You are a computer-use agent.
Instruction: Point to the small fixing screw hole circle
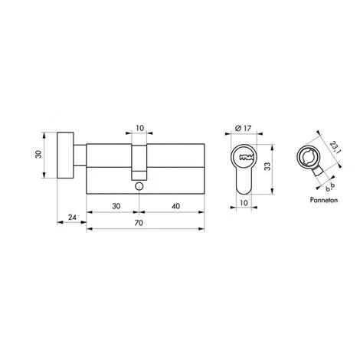pos(139,186)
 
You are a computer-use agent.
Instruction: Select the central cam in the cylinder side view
pos(139,159)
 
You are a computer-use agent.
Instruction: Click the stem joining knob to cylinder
pos(79,157)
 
